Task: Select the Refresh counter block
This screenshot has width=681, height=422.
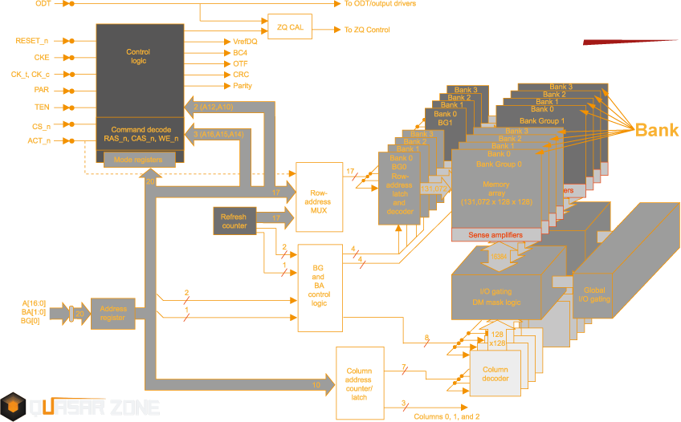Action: click(x=234, y=221)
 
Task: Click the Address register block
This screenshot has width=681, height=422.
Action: click(x=112, y=313)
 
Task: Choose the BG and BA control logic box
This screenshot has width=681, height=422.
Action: click(x=319, y=287)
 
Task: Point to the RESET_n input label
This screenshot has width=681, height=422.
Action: click(x=32, y=40)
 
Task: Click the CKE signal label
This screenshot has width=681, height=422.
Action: click(x=41, y=57)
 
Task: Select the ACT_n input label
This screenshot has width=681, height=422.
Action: click(x=39, y=141)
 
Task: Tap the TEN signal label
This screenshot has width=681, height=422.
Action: click(x=42, y=107)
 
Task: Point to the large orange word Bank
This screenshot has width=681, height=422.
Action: click(x=657, y=130)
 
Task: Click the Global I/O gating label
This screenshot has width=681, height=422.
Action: click(x=593, y=294)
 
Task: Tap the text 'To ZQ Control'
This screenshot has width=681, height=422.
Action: click(x=367, y=30)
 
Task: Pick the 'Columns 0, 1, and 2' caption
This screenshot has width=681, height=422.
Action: click(x=447, y=416)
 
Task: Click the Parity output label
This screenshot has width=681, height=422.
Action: click(x=243, y=85)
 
